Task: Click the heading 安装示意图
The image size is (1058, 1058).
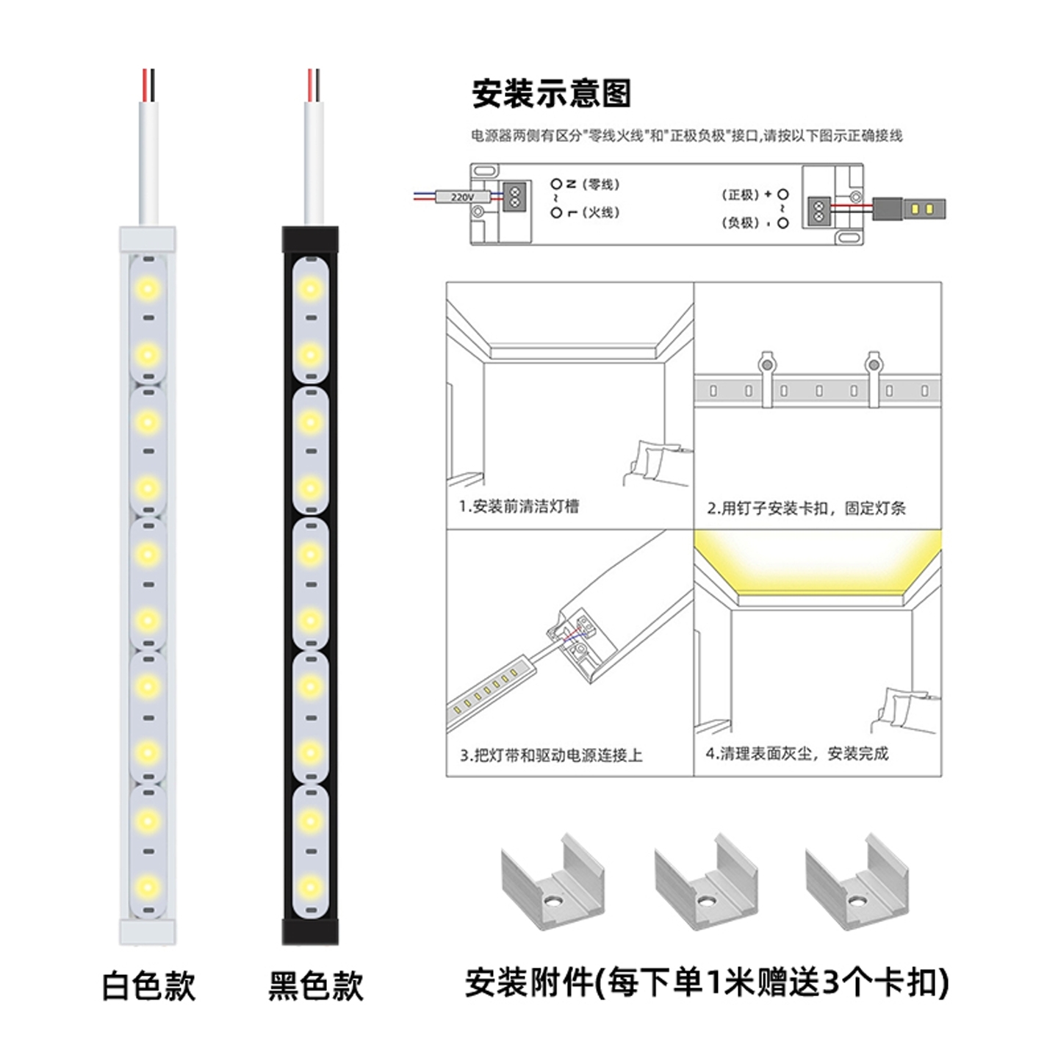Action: pyautogui.click(x=551, y=94)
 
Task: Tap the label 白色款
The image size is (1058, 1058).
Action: pyautogui.click(x=148, y=986)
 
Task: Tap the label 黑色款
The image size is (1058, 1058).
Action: pyautogui.click(x=315, y=986)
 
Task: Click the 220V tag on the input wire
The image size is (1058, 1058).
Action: pyautogui.click(x=462, y=197)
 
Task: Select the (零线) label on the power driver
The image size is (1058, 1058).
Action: pyautogui.click(x=601, y=184)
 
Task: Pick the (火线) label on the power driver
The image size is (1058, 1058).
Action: pyautogui.click(x=601, y=212)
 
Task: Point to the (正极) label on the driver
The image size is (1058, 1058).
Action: pyautogui.click(x=740, y=195)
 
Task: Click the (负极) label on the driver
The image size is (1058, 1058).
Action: pyautogui.click(x=740, y=222)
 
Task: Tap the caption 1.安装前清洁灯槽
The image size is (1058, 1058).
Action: pyautogui.click(x=519, y=506)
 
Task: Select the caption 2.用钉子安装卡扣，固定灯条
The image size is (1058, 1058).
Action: pyautogui.click(x=806, y=508)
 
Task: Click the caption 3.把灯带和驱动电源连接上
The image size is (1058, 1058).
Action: pyautogui.click(x=551, y=755)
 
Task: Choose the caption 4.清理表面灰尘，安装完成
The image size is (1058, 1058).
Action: pyautogui.click(x=797, y=753)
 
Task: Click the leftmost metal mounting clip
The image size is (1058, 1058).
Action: pyautogui.click(x=553, y=882)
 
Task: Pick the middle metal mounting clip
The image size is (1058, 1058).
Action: pyautogui.click(x=705, y=882)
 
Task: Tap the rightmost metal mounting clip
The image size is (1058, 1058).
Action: pyautogui.click(x=856, y=882)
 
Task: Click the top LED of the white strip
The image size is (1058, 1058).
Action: pyautogui.click(x=148, y=288)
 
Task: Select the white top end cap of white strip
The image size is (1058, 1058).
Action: pyautogui.click(x=148, y=238)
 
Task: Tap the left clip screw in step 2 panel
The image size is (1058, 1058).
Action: pyautogui.click(x=766, y=363)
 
